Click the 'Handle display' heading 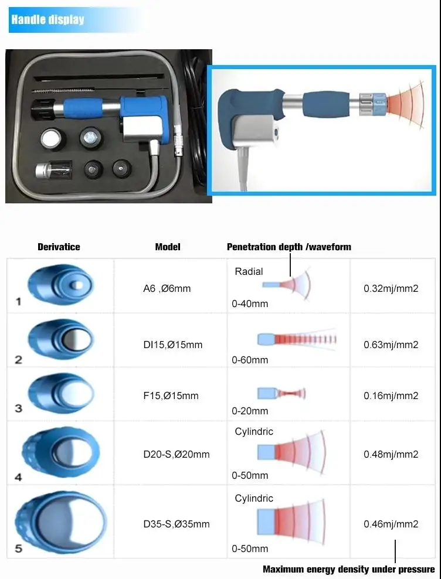pyautogui.click(x=48, y=19)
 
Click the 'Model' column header pyautogui.click(x=168, y=247)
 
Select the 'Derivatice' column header pyautogui.click(x=59, y=247)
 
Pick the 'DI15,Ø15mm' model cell pyautogui.click(x=173, y=345)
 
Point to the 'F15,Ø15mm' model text pyautogui.click(x=171, y=396)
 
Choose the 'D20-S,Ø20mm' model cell pyautogui.click(x=177, y=454)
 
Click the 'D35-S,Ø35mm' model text pyautogui.click(x=177, y=524)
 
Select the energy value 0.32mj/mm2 pyautogui.click(x=391, y=288)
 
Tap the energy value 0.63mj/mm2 pyautogui.click(x=391, y=345)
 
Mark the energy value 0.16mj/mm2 pyautogui.click(x=391, y=396)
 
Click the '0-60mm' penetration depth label pyautogui.click(x=250, y=360)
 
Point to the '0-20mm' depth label pyautogui.click(x=250, y=411)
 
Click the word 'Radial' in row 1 pyautogui.click(x=249, y=272)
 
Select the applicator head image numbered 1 pyautogui.click(x=60, y=285)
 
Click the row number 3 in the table pyautogui.click(x=19, y=408)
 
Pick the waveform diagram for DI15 pyautogui.click(x=297, y=339)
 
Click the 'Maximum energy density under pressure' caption pyautogui.click(x=348, y=569)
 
